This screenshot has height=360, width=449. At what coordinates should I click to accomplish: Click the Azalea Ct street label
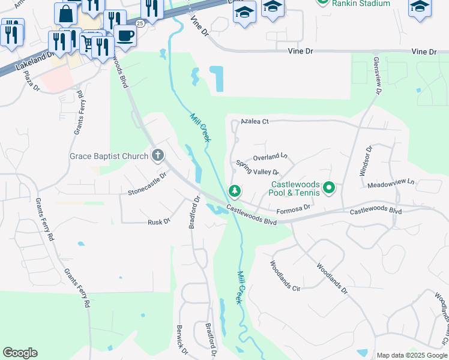point(254,121)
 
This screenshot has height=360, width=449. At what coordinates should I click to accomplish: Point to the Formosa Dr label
point(293,209)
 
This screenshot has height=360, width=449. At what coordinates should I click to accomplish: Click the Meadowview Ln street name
point(391,182)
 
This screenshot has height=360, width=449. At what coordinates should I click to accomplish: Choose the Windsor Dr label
point(366,161)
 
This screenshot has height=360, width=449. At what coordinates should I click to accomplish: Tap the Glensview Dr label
point(377,76)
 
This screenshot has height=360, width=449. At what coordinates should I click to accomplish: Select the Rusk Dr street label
point(159,222)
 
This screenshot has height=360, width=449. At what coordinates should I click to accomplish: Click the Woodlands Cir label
point(285,275)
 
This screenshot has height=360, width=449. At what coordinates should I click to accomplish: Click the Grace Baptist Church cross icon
point(158,156)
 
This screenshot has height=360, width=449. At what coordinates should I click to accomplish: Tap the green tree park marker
point(234,191)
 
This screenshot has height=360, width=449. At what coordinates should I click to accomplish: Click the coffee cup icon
point(125,35)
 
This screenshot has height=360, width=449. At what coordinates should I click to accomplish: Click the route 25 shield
point(140,23)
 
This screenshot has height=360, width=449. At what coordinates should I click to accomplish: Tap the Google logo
point(20,353)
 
